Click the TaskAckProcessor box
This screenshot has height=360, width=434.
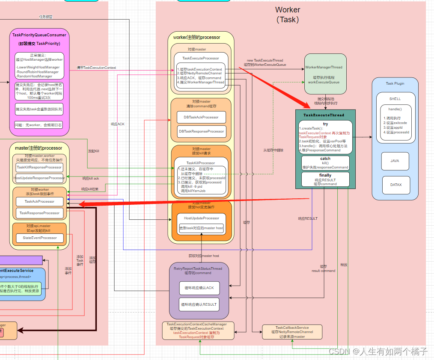click(39, 201)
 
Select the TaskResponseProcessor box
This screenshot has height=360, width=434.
click(39, 213)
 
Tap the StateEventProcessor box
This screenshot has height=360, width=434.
click(39, 238)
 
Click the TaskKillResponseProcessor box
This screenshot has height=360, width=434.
click(39, 168)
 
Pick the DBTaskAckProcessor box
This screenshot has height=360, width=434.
click(201, 117)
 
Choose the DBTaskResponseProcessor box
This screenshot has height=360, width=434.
click(201, 131)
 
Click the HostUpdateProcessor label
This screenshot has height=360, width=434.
click(201, 218)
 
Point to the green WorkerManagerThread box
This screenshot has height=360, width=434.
click(325, 74)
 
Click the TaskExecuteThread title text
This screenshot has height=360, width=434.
click(326, 115)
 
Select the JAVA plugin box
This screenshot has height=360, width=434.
click(395, 161)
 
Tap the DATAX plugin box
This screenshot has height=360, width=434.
click(395, 185)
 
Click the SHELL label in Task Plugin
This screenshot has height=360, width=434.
click(395, 99)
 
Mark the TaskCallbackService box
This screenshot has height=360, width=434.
click(292, 332)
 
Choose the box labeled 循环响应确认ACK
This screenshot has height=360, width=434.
click(199, 288)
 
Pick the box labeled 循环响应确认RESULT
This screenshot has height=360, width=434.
click(199, 304)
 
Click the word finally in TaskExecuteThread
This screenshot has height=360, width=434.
click(325, 175)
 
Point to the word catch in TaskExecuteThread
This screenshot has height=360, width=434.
click(325, 159)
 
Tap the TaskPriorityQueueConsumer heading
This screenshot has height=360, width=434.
click(39, 35)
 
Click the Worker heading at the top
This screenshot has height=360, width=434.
click(288, 10)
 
